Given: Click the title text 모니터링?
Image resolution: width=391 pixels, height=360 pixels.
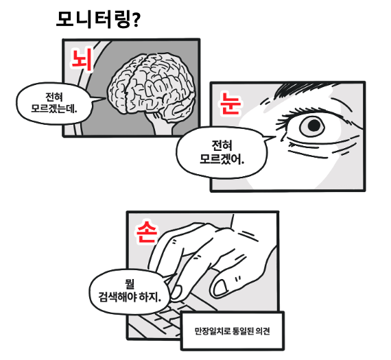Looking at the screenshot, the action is click(x=98, y=20).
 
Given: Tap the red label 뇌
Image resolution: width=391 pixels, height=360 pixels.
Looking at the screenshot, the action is click(x=82, y=59).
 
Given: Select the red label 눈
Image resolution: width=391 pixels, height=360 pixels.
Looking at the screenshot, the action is click(x=230, y=104).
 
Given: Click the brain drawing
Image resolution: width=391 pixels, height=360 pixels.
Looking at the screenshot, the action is click(x=152, y=85).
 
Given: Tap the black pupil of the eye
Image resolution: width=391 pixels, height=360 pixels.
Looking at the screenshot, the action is click(x=313, y=125).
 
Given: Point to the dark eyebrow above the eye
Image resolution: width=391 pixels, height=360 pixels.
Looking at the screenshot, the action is click(x=299, y=91).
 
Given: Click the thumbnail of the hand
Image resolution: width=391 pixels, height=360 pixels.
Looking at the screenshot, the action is click(x=220, y=287).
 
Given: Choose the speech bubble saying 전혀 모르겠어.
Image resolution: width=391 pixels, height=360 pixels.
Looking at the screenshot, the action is click(x=222, y=153).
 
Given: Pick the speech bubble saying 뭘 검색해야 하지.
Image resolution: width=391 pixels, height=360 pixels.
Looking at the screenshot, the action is click(x=130, y=291).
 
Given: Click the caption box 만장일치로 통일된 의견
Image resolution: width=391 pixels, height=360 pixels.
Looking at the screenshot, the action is click(x=233, y=331).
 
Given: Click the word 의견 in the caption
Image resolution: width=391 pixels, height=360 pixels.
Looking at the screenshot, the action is click(x=263, y=331).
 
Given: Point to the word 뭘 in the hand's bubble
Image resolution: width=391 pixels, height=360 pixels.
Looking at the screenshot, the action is click(x=130, y=284).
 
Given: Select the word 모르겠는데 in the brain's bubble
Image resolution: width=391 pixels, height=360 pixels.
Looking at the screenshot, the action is click(x=54, y=109).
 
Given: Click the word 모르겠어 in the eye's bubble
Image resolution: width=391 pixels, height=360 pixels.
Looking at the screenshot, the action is click(x=222, y=159).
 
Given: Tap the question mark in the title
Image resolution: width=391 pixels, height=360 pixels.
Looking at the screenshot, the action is click(x=136, y=21).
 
